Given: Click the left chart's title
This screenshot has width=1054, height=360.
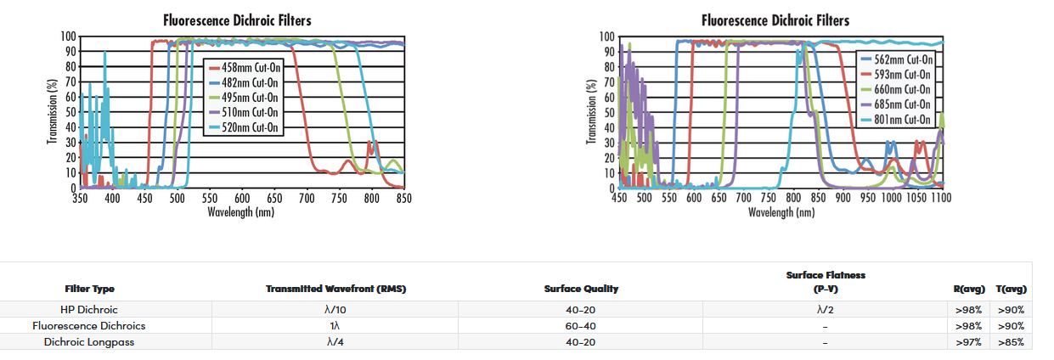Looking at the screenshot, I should click(x=236, y=20).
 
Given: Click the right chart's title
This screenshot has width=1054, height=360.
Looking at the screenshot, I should click(x=775, y=20).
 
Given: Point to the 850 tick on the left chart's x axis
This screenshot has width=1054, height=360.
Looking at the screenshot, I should click(x=403, y=198).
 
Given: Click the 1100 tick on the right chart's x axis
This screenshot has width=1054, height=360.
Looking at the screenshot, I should click(x=940, y=198).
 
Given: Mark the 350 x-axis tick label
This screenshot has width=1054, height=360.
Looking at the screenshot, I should click(x=80, y=198).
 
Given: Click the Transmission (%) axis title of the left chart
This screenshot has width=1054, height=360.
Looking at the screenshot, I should click(x=53, y=110).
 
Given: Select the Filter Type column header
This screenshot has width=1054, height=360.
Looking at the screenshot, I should click(x=89, y=289).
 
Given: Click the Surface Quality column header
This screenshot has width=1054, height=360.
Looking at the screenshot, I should click(x=581, y=289).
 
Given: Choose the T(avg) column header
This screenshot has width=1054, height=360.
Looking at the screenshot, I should click(x=1011, y=289).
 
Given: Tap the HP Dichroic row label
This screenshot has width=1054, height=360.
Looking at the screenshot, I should click(x=89, y=310).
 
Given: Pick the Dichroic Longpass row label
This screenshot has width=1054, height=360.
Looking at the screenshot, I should click(x=89, y=341).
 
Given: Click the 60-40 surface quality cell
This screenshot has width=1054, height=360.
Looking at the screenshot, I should click(x=581, y=325).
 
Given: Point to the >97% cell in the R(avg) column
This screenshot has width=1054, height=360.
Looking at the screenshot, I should click(x=968, y=341).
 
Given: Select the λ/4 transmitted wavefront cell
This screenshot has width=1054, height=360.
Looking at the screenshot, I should click(x=336, y=341).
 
